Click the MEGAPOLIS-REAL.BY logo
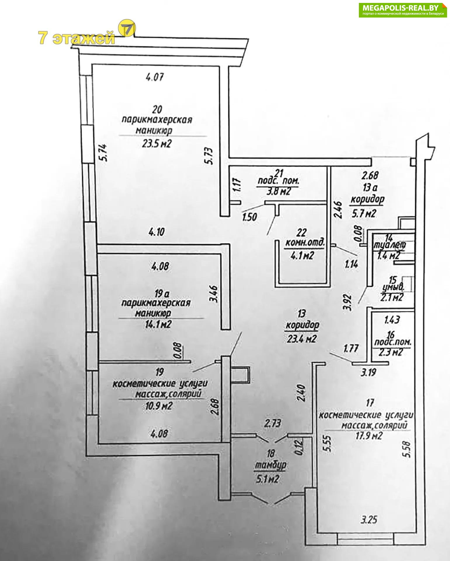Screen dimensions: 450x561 tap(403, 10)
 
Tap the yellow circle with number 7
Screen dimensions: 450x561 tap(128, 28)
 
